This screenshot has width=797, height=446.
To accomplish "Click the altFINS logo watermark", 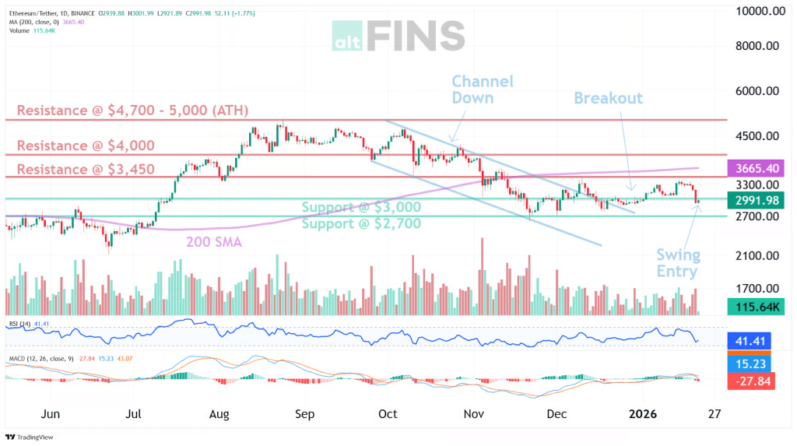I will click(x=398, y=36).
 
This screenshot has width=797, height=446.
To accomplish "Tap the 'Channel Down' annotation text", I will click(x=483, y=90).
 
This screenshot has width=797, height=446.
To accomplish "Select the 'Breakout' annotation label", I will click(x=608, y=98).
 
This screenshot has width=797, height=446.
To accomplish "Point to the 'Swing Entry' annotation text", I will click(x=677, y=263).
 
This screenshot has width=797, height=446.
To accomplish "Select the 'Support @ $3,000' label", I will click(x=361, y=207).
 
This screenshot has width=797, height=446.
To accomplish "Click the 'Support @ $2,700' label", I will click(x=361, y=223).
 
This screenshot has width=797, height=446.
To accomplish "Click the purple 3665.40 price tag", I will click(x=753, y=168).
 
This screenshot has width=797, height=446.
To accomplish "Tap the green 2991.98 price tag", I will click(x=753, y=200).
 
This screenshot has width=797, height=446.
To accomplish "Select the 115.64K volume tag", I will click(x=753, y=307).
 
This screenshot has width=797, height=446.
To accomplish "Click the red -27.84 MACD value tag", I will click(x=753, y=381).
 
